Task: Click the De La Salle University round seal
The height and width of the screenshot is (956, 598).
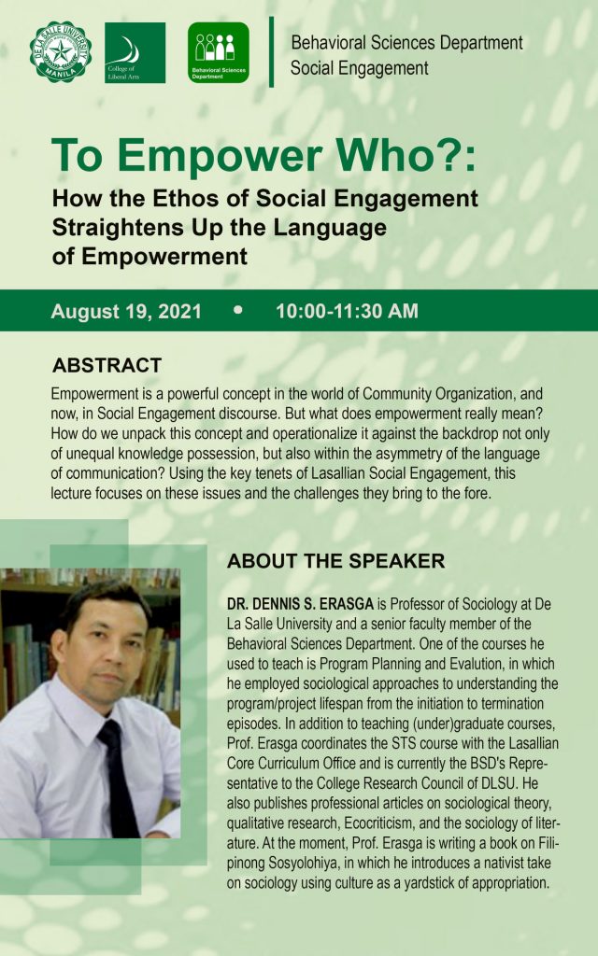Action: click(x=61, y=52)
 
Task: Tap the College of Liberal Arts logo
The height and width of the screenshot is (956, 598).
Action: click(x=135, y=52)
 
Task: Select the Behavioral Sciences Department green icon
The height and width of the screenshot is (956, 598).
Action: click(x=219, y=52)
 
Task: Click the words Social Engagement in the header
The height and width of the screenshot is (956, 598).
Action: click(x=360, y=68)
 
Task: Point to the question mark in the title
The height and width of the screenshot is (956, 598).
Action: click(x=449, y=155)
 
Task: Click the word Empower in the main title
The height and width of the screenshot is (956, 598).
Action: click(x=219, y=157)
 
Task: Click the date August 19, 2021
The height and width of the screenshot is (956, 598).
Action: click(x=126, y=311)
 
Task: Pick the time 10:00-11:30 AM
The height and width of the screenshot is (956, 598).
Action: click(x=348, y=311)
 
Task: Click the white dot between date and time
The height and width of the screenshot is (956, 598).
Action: click(x=238, y=310)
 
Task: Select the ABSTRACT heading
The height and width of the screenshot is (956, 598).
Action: click(x=107, y=365)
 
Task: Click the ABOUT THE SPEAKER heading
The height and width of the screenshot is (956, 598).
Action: click(x=336, y=561)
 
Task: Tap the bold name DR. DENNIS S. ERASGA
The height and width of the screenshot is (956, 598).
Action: click(x=300, y=604)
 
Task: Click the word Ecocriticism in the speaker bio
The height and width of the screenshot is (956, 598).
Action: click(x=377, y=823)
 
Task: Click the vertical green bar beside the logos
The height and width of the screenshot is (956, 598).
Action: click(x=272, y=52)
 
